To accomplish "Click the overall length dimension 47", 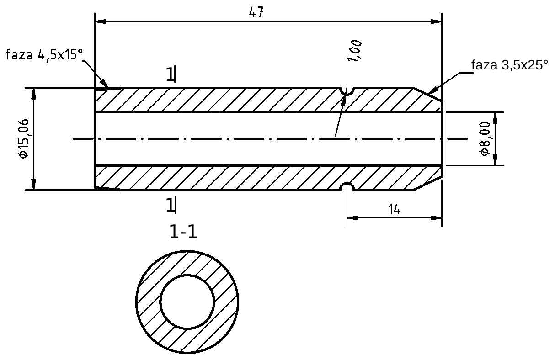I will point(256,12).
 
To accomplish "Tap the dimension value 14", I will point(394,209).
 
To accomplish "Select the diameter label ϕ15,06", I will point(24,138).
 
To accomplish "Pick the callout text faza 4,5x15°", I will point(44,55).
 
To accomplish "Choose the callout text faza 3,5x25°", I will point(509,65).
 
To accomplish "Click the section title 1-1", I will point(183,233).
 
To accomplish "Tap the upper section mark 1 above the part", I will point(170,74).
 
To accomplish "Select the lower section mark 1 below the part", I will point(170,205).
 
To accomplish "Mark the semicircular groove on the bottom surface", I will point(347,187).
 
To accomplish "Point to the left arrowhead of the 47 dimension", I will point(100,21).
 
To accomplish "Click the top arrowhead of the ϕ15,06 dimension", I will point(33,92).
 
